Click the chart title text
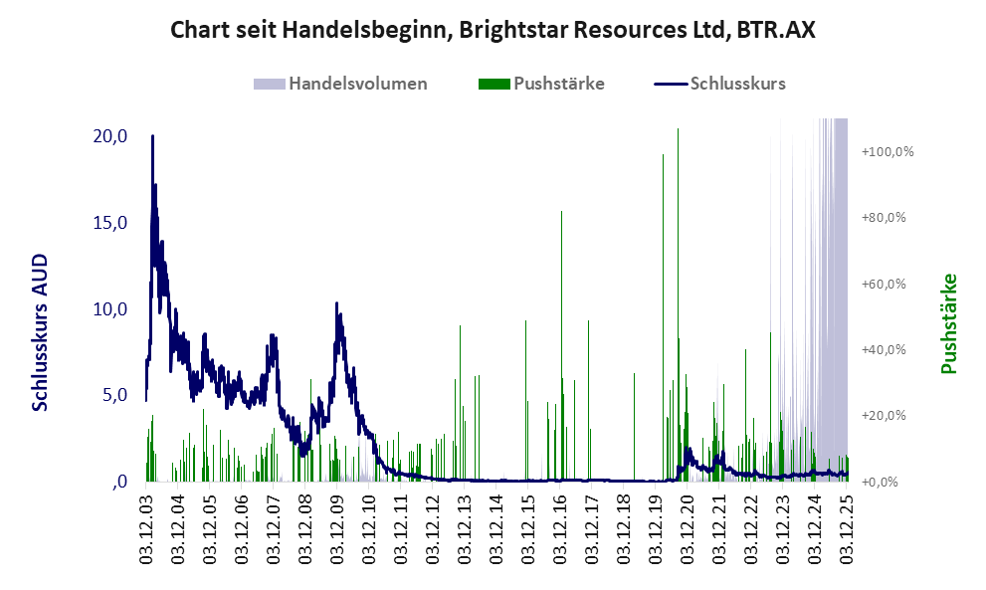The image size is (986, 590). pos(493,30)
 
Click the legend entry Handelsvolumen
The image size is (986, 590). pos(357,84)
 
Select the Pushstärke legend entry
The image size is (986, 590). pos(558,84)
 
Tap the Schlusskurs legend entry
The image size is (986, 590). pos(737,84)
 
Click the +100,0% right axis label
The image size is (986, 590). pos(887,152)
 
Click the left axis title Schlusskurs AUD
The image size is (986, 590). pos(41,333)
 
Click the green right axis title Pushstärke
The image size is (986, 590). pos(948,324)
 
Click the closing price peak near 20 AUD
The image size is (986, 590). pos(152,136)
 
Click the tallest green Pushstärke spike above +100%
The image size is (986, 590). pos(678,130)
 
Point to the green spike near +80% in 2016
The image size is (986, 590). pos(561,213)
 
